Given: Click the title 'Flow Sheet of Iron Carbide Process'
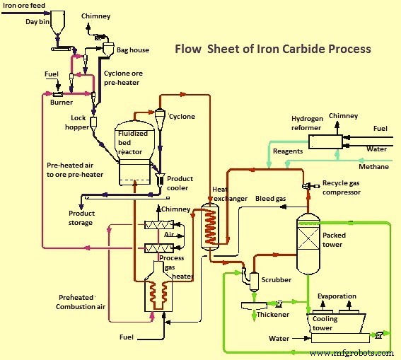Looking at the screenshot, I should click(272, 50).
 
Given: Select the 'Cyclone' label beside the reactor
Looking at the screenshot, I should click(182, 117).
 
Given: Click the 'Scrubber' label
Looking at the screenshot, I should click(276, 280).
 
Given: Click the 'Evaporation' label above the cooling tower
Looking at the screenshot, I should click(337, 296).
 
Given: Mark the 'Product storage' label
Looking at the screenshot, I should click(81, 218).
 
